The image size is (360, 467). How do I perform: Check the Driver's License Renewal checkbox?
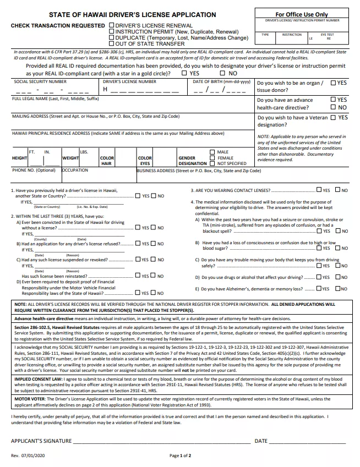(112, 26)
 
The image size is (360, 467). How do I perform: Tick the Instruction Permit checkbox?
(112, 32)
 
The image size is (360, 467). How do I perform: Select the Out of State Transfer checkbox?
(112, 44)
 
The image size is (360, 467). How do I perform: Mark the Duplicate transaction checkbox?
(112, 38)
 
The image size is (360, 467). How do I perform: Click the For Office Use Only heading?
(301, 15)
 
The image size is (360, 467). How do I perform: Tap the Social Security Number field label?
(40, 81)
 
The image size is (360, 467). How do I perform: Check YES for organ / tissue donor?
(334, 83)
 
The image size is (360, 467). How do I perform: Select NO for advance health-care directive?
(334, 108)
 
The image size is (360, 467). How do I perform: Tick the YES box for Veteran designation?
(334, 117)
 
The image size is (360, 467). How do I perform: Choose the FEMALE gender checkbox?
(212, 158)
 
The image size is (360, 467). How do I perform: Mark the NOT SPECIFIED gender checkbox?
(212, 163)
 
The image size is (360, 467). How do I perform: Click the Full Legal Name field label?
(56, 99)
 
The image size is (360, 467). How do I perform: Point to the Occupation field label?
(75, 171)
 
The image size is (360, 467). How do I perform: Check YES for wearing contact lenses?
(319, 190)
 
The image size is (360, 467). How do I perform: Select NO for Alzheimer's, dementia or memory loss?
(337, 289)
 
